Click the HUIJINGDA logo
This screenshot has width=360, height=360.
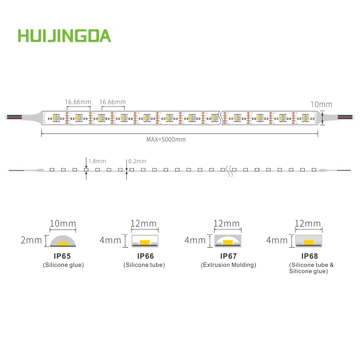coord(64,36)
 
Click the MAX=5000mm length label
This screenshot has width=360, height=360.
coord(166,140)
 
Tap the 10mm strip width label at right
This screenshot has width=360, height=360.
coord(321,104)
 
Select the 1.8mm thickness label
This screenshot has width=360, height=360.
coord(97,161)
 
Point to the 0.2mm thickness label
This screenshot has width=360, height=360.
coord(138,161)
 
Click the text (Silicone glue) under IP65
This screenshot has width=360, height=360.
coord(63,265)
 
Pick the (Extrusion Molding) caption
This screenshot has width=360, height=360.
coord(228,265)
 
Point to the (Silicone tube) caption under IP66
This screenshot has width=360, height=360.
coord(144,265)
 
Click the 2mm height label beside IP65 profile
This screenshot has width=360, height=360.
coord(31,240)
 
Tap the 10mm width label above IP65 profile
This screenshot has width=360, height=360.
coord(63,224)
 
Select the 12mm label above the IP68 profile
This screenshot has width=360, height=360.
coord(308,224)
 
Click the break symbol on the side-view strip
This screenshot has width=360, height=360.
coord(230,169)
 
